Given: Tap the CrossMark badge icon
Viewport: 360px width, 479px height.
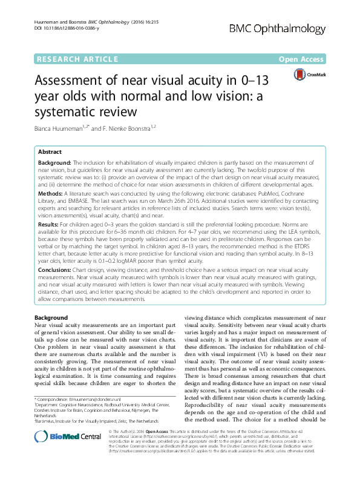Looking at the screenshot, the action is pyautogui.click(x=309, y=75).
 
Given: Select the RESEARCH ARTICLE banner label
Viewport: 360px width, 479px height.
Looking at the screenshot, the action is pyautogui.click(x=77, y=59).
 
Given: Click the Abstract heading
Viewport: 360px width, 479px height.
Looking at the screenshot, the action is pyautogui.click(x=50, y=153).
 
